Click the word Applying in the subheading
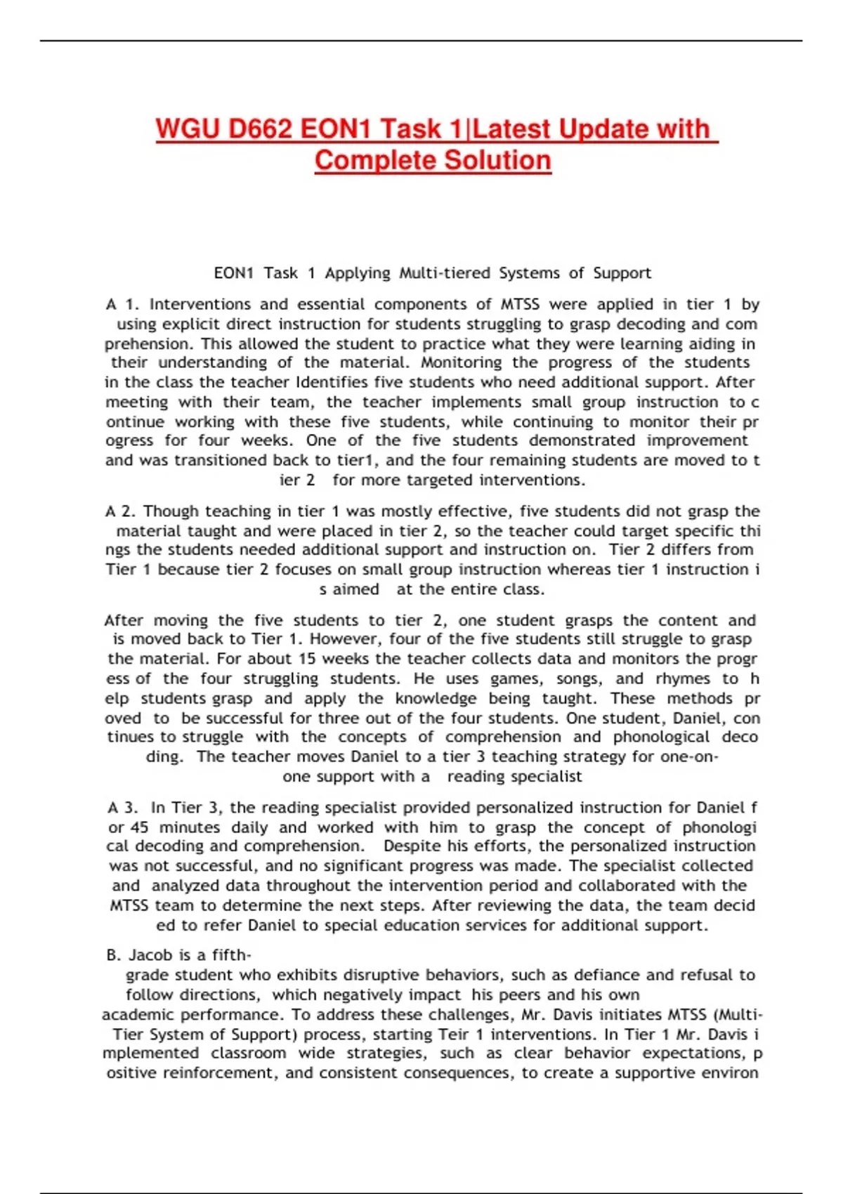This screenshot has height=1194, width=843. pos(357,273)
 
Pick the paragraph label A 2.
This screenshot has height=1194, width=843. pos(121,511)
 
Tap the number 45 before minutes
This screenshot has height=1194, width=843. pos(139,827)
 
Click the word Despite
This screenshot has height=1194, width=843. pos(414,846)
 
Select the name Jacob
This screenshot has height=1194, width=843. pos(151,955)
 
